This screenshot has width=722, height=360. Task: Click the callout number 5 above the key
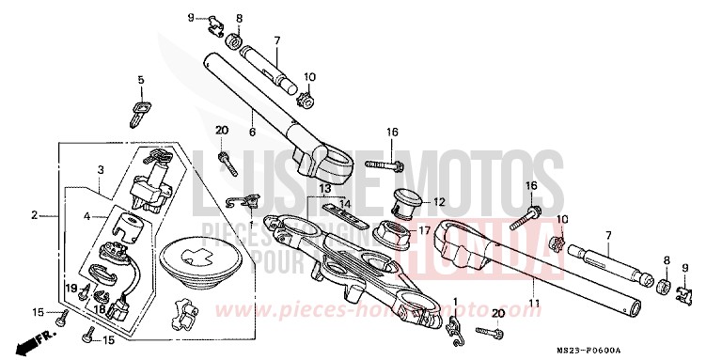pos(141,81)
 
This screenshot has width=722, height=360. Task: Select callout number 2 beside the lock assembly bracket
pos(34,215)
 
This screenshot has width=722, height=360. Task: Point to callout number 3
pos(99,170)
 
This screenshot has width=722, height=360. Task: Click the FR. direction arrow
pos(36,335)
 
